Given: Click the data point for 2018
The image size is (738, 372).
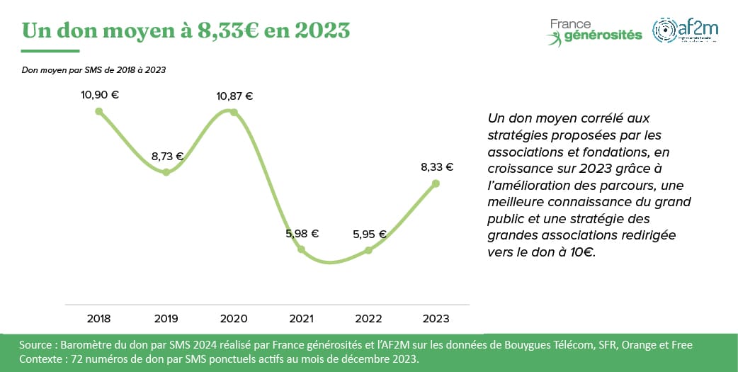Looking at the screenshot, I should pos(99,111).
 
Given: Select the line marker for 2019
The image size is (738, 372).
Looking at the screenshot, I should pos(166,171).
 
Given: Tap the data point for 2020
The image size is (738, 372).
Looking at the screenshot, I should pos(234,111).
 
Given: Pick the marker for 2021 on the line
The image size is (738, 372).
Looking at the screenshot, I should pos(301,249).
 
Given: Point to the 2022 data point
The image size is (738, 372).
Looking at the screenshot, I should pos(368,249).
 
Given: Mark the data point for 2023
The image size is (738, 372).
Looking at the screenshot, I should pos(436,184).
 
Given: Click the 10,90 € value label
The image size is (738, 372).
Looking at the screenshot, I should pos(100,95).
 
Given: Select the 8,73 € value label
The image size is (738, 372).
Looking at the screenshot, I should pos(167,157).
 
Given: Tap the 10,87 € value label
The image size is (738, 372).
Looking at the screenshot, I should pos(234,96).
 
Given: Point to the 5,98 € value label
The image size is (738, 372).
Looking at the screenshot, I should pos(301,233).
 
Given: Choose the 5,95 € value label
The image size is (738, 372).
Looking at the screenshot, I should pos(368,234).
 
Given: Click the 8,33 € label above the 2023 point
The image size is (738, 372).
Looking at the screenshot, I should pos(436,167).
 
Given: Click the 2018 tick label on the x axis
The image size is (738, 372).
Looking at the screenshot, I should pos(99,319).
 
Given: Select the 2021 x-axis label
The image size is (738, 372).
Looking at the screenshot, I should pos(301,319).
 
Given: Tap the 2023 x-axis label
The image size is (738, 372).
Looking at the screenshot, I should pos(436,319).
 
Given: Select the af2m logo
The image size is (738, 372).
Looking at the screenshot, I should pos(686,30).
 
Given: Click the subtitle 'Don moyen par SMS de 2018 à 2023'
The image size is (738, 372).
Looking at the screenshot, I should pos(93,69).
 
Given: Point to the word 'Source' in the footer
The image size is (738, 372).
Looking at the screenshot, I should pos(36,345).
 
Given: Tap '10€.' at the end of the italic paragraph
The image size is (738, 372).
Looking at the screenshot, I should pos(581,252).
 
